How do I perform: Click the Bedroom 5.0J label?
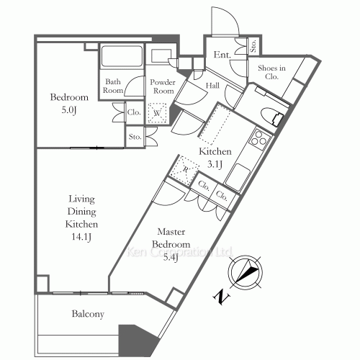pyautogui.click(x=69, y=104)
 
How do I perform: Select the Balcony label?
pyautogui.click(x=88, y=314)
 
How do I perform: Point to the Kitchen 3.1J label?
pyautogui.click(x=215, y=158)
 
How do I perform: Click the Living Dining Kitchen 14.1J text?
pyautogui.click(x=81, y=217)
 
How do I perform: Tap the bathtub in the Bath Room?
pyautogui.click(x=122, y=56)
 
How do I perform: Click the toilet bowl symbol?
pyautogui.click(x=271, y=117)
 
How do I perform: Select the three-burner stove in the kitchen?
pyautogui.click(x=259, y=139)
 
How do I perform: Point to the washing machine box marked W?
pyautogui.click(x=157, y=113)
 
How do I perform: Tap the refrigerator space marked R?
pyautogui.click(x=185, y=169)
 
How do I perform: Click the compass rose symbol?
pyautogui.click(x=245, y=272)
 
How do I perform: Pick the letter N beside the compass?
pyautogui.click(x=222, y=297)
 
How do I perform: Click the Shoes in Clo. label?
pyautogui.click(x=271, y=72)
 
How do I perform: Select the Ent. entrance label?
pyautogui.click(x=222, y=55)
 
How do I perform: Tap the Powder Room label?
pyautogui.click(x=163, y=86)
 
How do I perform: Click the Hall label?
pyautogui.click(x=212, y=86)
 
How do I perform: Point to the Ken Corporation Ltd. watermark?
pyautogui.click(x=179, y=252)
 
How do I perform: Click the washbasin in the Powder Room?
pyautogui.click(x=161, y=56)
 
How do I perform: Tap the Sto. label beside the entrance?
pyautogui.click(x=253, y=46)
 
